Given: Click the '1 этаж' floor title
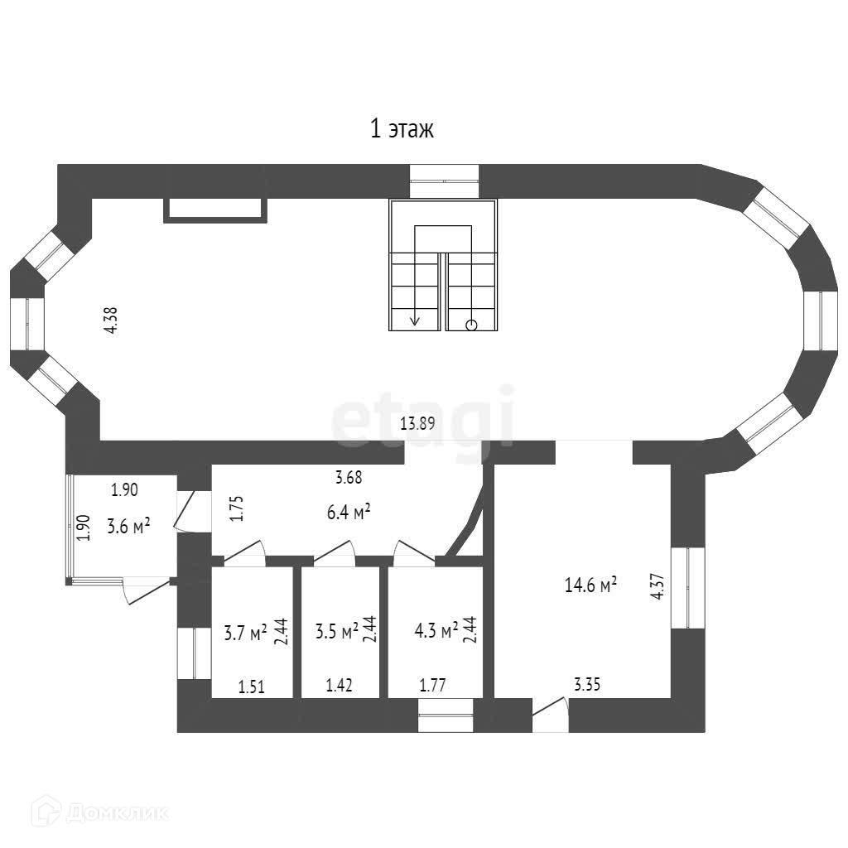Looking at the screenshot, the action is coord(402,130).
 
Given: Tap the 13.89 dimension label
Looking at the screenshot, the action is coord(417,423).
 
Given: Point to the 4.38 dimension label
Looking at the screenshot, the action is coord(112,320).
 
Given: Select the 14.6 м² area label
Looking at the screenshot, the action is coord(590,585).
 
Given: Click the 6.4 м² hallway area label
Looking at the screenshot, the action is coord(349,512).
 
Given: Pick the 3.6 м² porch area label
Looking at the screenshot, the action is coord(128,526).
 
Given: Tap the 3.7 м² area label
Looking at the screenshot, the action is coord(245,632).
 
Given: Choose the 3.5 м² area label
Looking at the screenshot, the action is coord(336,630).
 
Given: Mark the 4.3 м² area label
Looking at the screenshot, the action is coord(436,630).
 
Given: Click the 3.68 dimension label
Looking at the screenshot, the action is coord(349,478).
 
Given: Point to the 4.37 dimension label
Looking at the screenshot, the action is coord(658,586).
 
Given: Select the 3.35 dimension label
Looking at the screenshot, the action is coord(587,685).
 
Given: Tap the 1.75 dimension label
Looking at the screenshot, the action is coord(237,508).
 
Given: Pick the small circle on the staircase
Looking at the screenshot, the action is coord(471,325).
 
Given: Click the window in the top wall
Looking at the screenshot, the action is coord(445,181).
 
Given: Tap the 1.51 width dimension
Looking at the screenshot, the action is coord(252,687).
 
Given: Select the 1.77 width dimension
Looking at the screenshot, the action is coord(432,685).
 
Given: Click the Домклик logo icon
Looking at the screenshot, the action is coord(45,812).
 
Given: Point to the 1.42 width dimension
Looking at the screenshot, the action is coord(339,685).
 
